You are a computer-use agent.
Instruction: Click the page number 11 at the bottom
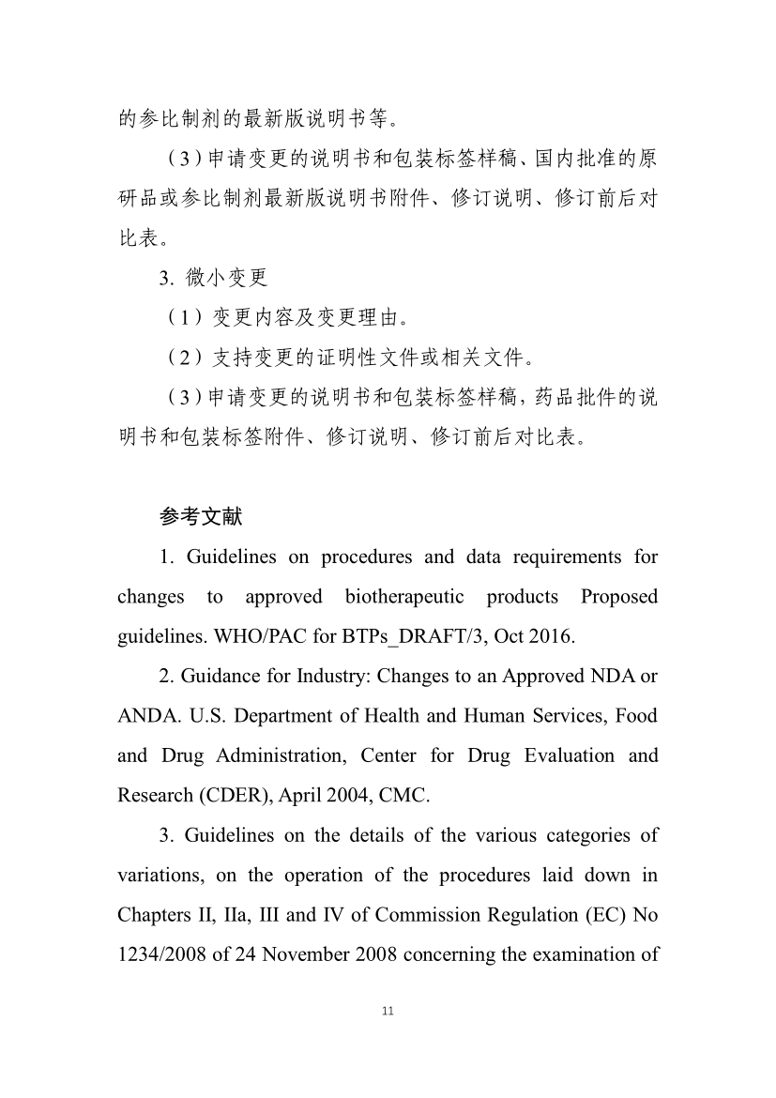point(388,1011)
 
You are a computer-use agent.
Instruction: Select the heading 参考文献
point(201,516)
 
